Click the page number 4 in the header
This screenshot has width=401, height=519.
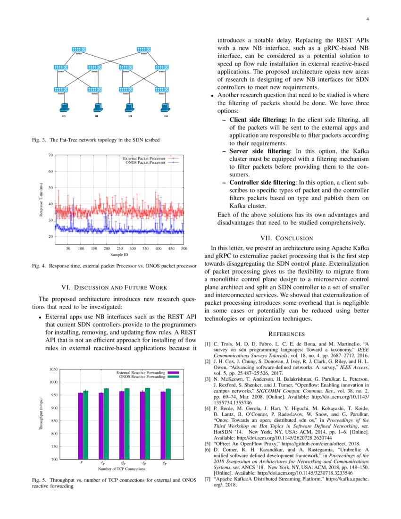point(367,19)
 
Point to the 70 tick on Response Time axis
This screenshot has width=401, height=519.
point(50,155)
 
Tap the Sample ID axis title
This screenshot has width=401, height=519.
point(119,254)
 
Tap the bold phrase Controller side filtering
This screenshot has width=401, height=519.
point(262,182)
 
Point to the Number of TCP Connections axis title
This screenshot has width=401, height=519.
point(122,469)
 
